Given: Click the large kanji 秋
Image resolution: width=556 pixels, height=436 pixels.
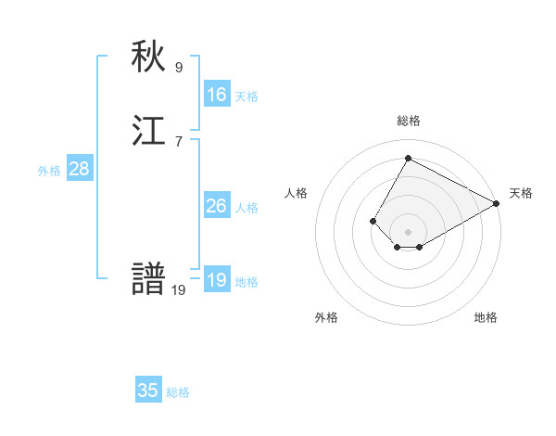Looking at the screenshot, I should coord(149,58).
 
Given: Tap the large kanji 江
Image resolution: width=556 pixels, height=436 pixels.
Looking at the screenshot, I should coord(149,132).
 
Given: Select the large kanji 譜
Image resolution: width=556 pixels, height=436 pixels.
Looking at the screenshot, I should coord(149,280).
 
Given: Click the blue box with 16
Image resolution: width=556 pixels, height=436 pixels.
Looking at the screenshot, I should coord(217,95).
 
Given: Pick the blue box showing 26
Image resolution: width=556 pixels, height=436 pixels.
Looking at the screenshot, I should coord(217,206).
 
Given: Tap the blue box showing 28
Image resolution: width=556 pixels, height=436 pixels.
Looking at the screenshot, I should coord(79,169).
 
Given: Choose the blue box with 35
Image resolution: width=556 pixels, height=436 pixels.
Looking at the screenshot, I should coord(148,391).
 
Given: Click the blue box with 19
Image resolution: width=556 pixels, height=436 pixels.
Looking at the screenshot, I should coord(217,280).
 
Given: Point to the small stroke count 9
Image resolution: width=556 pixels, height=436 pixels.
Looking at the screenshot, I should coord(179,67).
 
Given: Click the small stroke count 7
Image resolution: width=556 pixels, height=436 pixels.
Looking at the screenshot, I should coord(179,141).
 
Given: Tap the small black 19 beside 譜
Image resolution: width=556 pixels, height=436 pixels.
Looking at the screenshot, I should coord(179,290).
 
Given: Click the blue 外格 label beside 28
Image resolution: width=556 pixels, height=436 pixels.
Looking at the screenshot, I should coord(49,171).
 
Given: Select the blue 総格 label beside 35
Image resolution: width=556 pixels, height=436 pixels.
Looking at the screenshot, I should coord(178,392).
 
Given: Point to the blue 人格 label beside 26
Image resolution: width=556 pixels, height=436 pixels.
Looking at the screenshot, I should coord(246,208).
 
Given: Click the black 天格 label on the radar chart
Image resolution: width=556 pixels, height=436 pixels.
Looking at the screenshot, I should coord(521,193).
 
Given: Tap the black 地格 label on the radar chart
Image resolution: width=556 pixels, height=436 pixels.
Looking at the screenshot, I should coord(486,317).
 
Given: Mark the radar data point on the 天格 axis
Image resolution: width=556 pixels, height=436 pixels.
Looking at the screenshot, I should coord(497,203).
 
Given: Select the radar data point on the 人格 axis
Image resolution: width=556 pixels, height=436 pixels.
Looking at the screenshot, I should coord(373,221).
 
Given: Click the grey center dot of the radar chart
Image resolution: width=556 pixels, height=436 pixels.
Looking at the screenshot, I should coord(408,232).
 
